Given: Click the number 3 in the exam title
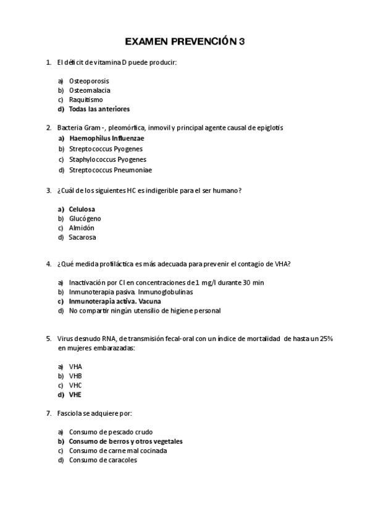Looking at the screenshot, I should click(242, 42).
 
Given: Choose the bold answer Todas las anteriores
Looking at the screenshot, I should click(99, 109).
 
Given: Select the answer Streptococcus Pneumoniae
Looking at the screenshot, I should click(110, 170).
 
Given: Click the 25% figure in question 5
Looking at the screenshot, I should click(326, 339).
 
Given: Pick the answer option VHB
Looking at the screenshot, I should click(75, 376).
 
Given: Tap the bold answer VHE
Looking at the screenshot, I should click(75, 394).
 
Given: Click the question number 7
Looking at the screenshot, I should click(48, 413).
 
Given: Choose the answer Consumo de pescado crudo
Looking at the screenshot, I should click(111, 432).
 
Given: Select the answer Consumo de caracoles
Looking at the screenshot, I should click(103, 460).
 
